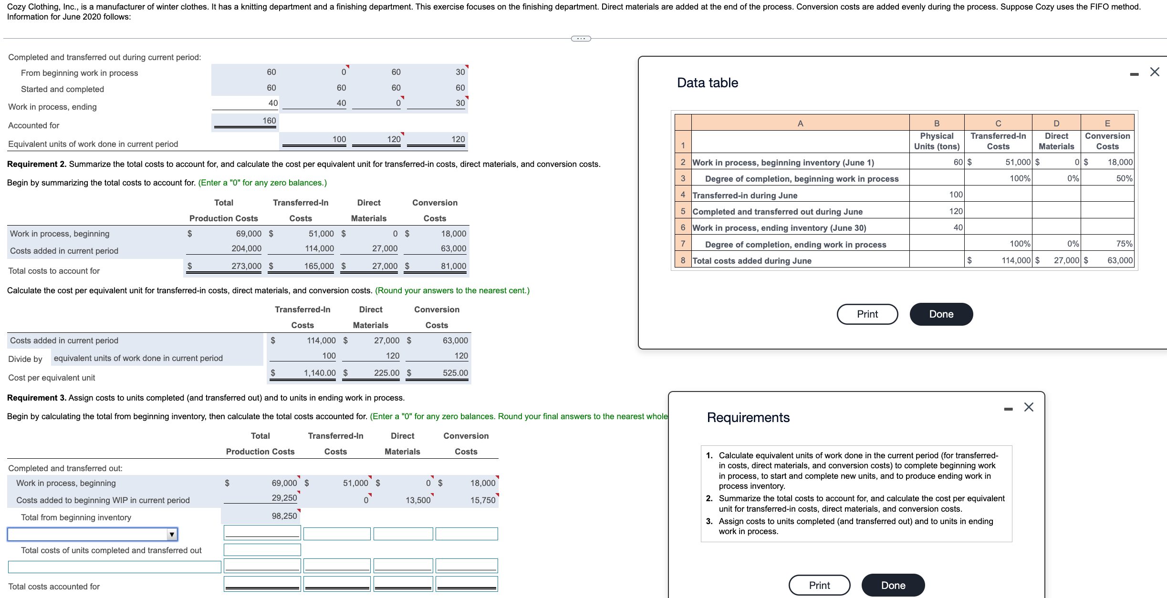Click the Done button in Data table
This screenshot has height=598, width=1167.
pos(941,314)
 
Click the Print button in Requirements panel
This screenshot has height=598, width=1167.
pos(819,585)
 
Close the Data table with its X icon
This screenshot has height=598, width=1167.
pos(1155,72)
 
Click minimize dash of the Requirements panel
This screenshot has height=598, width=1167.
pos(1008,409)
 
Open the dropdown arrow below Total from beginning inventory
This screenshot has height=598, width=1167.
pos(172,534)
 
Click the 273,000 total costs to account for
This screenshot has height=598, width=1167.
pos(246,266)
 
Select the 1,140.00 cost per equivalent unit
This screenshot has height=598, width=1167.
pos(320,373)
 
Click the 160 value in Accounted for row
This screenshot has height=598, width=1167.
pos(269,121)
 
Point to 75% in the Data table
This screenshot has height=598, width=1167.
pos(1124,244)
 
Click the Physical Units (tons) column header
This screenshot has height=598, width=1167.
pos(937,141)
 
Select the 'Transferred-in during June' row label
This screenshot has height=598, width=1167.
pos(745,195)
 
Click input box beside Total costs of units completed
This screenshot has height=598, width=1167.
pos(262,550)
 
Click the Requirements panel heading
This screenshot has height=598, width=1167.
pos(748,418)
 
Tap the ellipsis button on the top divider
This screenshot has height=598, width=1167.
pos(581,39)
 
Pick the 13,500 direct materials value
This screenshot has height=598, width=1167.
pos(417,500)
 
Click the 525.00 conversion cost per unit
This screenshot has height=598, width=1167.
pos(455,373)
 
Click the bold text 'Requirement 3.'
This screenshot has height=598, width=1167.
pos(37,398)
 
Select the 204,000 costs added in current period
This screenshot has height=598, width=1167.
pos(246,248)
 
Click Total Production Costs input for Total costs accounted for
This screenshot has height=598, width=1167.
pos(262,584)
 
